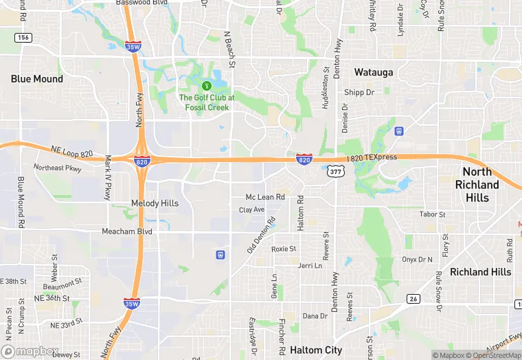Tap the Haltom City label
[316, 350]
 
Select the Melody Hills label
[155, 203]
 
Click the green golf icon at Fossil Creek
[206, 85]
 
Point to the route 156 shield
[23, 37]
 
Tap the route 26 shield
[412, 298]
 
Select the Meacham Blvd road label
[127, 232]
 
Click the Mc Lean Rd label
[265, 197]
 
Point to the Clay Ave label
[251, 210]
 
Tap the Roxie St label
[284, 249]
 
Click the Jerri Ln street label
[310, 265]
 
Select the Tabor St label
[432, 214]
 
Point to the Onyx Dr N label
[418, 259]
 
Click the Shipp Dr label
[359, 92]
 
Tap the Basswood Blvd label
[142, 3]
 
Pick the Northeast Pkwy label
[58, 168]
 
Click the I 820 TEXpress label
[373, 157]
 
